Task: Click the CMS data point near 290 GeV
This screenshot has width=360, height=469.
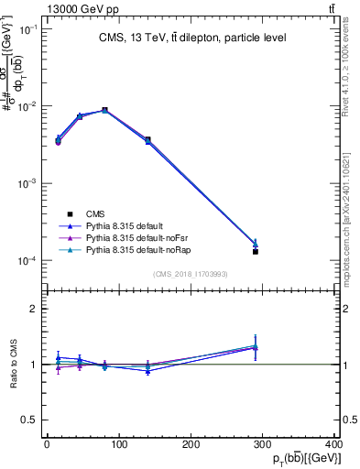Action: tap(256, 251)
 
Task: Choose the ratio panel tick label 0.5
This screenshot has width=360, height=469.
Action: tap(33, 420)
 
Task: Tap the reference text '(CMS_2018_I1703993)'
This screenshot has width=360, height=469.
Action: tap(190, 274)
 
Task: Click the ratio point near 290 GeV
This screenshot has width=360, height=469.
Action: tap(256, 347)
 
